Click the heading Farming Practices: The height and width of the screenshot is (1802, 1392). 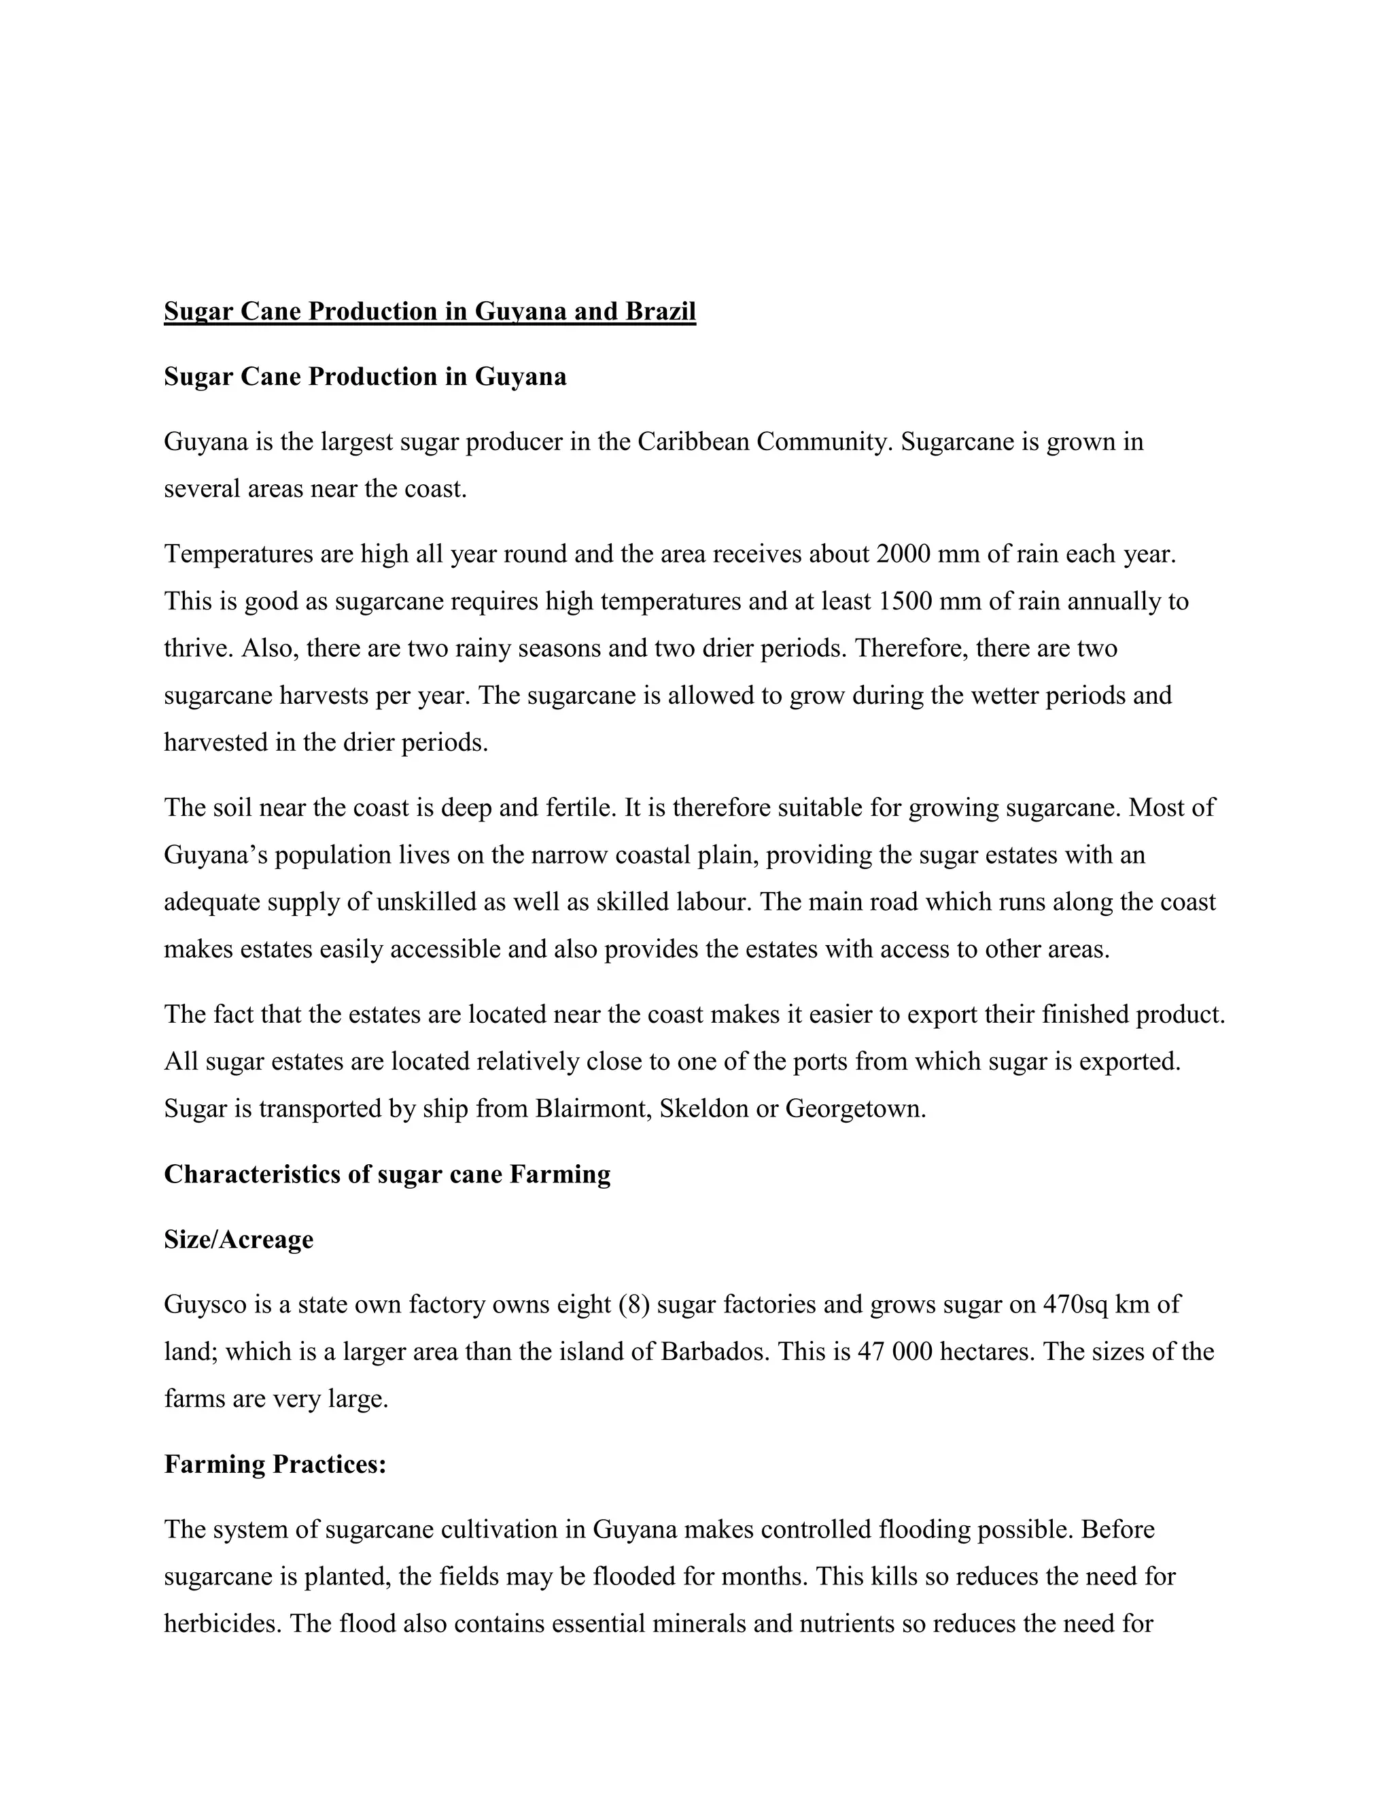[275, 1465]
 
